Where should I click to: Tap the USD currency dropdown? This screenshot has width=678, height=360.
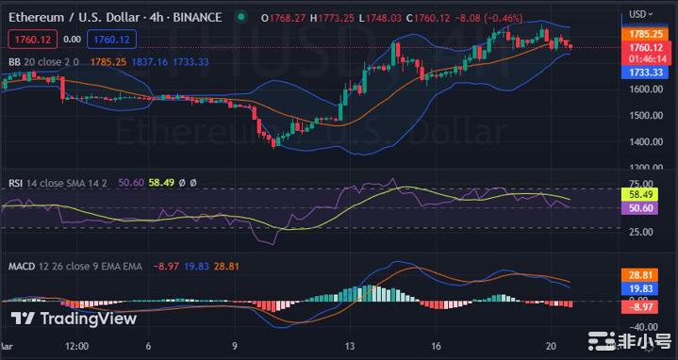click(641, 14)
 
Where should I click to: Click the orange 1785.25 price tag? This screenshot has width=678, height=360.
click(645, 33)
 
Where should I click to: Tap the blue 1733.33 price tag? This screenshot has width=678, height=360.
click(645, 71)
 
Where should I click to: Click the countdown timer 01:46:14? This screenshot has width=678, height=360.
click(645, 58)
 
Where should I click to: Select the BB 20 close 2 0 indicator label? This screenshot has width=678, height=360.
click(44, 62)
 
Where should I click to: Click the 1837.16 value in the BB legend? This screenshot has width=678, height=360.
click(150, 62)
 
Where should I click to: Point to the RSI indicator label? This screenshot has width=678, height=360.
click(16, 183)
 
